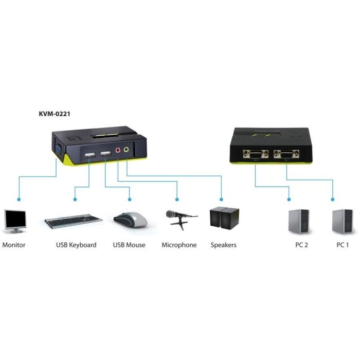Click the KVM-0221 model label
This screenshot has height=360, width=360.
(x=55, y=114)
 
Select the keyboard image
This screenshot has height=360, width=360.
(x=73, y=221)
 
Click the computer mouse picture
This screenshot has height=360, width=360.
(x=130, y=220)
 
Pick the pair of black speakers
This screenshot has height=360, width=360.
(x=224, y=218)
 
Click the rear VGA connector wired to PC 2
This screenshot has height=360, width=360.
(x=257, y=154)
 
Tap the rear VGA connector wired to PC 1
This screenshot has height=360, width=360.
(x=286, y=154)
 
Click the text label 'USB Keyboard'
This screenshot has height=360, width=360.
(x=76, y=245)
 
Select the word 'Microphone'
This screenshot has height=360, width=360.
(x=179, y=245)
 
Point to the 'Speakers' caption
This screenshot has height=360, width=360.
(x=224, y=245)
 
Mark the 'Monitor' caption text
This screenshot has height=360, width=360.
(x=14, y=245)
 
